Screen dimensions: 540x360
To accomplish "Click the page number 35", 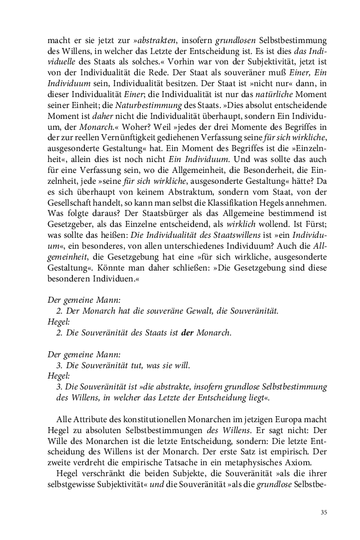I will [323, 512].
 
